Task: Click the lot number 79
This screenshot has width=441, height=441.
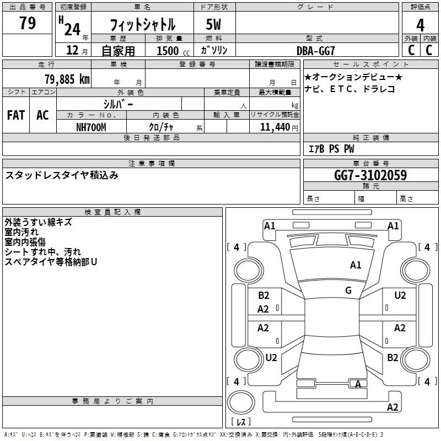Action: [x=27, y=23]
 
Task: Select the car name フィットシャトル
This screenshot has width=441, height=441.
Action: [x=142, y=25]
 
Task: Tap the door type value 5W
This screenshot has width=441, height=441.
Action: [x=214, y=25]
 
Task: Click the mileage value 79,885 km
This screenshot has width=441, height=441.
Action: [x=67, y=79]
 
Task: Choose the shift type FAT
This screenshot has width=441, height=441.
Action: [x=15, y=115]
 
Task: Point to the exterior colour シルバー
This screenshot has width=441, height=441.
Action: [x=118, y=104]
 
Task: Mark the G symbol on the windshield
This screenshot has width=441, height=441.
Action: [x=348, y=291]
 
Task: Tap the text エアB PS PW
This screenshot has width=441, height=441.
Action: [x=331, y=149]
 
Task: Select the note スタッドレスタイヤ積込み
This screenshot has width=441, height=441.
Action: [x=62, y=175]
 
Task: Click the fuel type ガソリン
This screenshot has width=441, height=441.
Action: [x=214, y=50]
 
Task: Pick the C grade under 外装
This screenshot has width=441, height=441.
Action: [x=411, y=50]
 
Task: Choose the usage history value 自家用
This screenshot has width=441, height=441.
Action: [x=118, y=51]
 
